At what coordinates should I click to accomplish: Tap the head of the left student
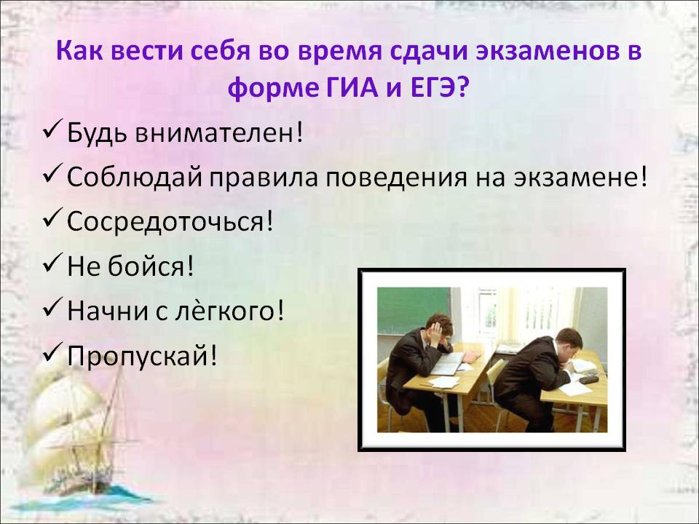[x=438, y=328]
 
